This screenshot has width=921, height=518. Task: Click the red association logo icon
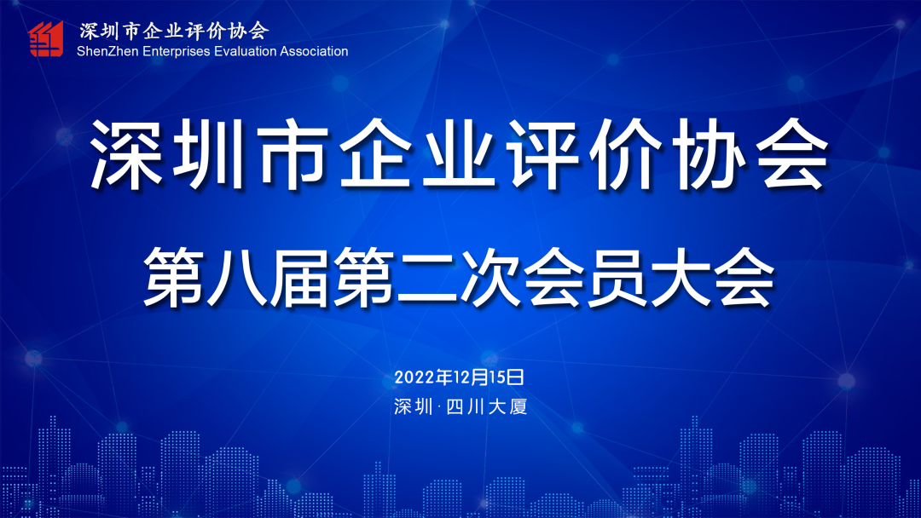[45, 38]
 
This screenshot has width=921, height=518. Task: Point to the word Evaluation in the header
[245, 51]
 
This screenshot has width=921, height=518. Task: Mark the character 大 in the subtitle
[680, 277]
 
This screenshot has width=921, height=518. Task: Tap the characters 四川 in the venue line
[465, 406]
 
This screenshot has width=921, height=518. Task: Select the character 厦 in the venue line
[518, 406]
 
